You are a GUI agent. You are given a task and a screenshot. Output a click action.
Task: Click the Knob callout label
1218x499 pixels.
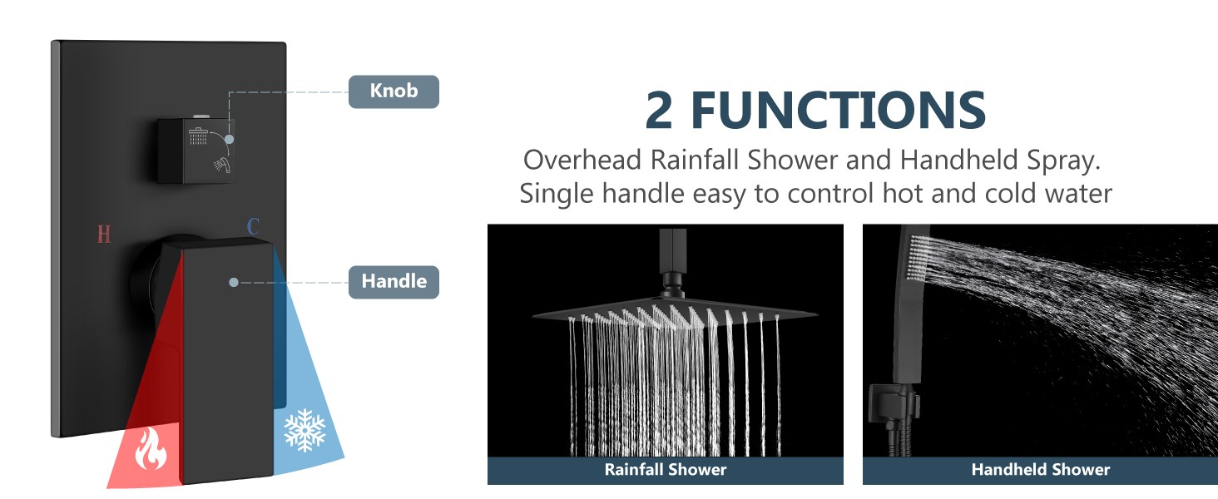(x=394, y=91)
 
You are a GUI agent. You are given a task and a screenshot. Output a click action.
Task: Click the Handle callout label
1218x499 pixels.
(x=394, y=282)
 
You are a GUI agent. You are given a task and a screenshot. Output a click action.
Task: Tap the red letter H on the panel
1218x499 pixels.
(x=104, y=234)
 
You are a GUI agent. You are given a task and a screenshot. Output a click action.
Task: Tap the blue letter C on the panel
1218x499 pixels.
(x=253, y=226)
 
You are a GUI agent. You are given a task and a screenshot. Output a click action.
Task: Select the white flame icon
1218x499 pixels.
(x=150, y=449)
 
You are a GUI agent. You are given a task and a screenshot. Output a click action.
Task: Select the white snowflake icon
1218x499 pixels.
(x=304, y=430)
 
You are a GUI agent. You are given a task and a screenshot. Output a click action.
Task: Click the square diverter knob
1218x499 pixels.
(x=196, y=150)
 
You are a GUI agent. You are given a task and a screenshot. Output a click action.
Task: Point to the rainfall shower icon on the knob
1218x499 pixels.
(x=198, y=136)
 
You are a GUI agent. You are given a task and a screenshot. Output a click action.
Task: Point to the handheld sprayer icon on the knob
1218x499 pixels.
(x=222, y=164)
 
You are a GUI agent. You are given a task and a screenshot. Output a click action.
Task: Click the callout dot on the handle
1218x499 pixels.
(x=234, y=282)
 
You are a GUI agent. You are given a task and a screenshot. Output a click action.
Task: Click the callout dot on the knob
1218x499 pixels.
(x=229, y=139)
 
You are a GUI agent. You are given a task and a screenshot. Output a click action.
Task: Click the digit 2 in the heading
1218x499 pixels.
(x=659, y=111)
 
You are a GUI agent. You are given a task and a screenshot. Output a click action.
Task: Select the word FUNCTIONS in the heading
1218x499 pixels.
(x=838, y=111)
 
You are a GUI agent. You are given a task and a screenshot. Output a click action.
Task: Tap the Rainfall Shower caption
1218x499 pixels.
(x=665, y=470)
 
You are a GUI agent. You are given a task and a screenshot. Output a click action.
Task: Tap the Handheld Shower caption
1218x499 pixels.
(x=1040, y=470)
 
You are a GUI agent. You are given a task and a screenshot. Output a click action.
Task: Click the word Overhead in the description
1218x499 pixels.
(x=582, y=160)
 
